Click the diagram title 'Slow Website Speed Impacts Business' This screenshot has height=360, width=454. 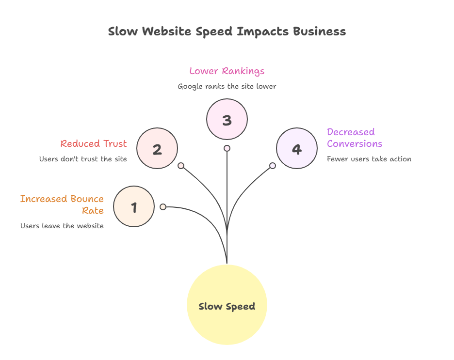(227, 32)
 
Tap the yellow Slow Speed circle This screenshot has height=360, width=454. (227, 305)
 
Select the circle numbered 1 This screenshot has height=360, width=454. (134, 207)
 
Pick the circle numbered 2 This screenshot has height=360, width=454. (157, 148)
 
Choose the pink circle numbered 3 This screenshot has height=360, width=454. (227, 119)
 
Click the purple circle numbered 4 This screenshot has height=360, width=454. (296, 148)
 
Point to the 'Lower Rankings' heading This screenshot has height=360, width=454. (227, 71)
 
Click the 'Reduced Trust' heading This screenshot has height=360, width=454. (94, 143)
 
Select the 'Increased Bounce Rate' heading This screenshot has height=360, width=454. (62, 204)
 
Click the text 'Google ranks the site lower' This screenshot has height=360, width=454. (227, 87)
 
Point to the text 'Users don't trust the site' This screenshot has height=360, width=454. (83, 159)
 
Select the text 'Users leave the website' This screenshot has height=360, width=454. (62, 226)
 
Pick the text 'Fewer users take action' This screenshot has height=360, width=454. (369, 159)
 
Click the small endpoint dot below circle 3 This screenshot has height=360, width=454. (227, 148)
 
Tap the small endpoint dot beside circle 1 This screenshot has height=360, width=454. (163, 207)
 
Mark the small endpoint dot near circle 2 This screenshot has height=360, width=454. (181, 166)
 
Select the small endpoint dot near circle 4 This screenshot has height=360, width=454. (273, 166)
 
